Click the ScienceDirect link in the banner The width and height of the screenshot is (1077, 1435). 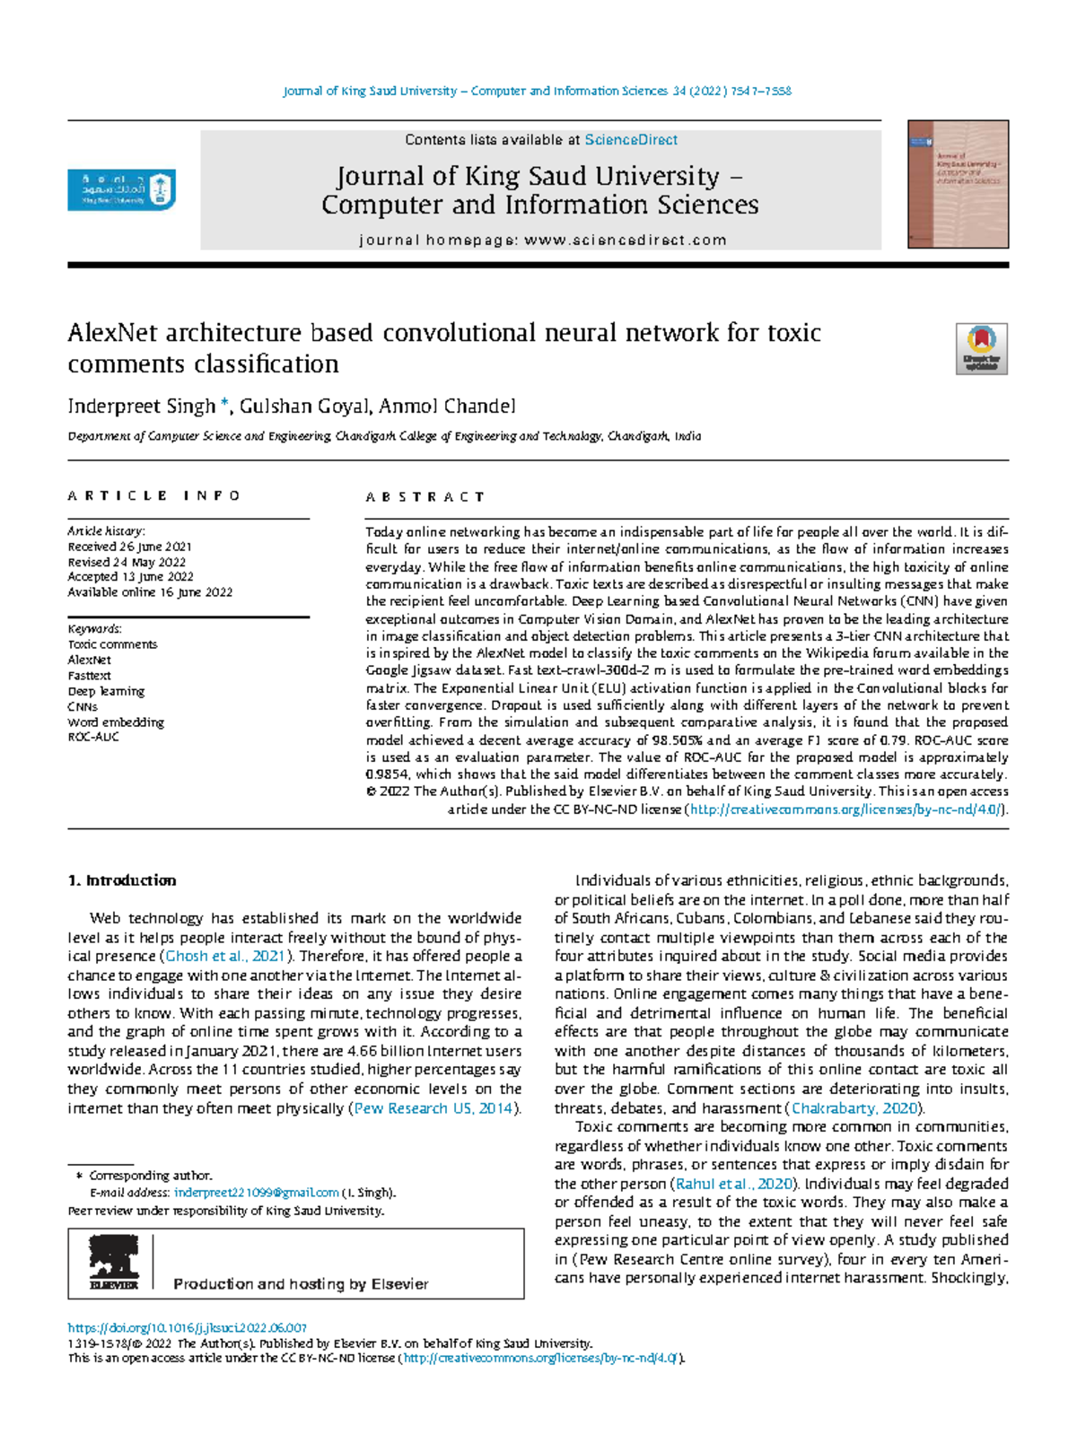[x=631, y=140]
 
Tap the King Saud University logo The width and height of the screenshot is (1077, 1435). [x=121, y=190]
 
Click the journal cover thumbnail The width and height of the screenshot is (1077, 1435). [x=958, y=184]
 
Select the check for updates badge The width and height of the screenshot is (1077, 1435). [x=981, y=349]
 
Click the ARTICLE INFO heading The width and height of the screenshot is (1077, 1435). [x=153, y=495]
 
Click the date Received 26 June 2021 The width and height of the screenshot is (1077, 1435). [x=129, y=547]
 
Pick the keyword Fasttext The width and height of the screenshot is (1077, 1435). [x=89, y=676]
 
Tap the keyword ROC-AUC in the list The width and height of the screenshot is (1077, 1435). [x=93, y=737]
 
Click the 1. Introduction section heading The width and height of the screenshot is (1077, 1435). [x=122, y=880]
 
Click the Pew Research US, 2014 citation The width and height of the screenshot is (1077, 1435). [x=433, y=1108]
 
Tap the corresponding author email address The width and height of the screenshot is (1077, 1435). [x=256, y=1193]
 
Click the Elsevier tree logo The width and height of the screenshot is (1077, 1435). [x=113, y=1263]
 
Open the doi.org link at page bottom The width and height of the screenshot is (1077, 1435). [x=188, y=1327]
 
